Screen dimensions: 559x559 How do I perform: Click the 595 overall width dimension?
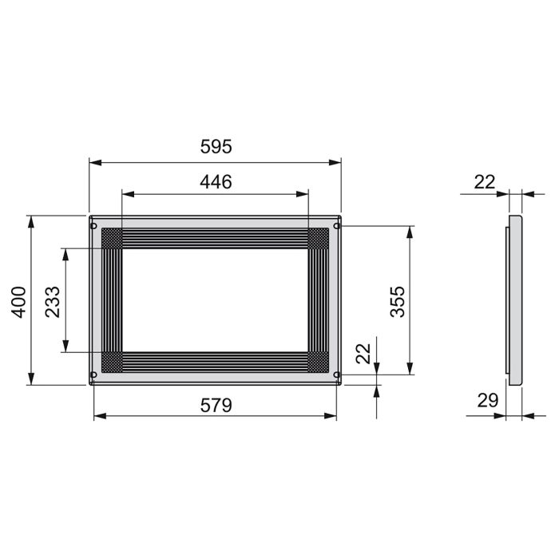click(x=216, y=147)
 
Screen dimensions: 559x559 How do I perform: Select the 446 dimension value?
click(x=216, y=181)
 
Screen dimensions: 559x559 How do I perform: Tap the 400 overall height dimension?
click(x=18, y=299)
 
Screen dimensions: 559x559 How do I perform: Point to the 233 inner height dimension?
click(x=53, y=299)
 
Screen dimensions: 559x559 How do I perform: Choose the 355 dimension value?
click(x=397, y=300)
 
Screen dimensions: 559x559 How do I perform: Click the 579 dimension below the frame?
click(x=216, y=405)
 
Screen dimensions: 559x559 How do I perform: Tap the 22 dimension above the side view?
click(x=485, y=182)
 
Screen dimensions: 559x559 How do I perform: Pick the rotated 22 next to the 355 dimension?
click(x=363, y=354)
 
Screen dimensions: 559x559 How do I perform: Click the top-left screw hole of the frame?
click(x=94, y=226)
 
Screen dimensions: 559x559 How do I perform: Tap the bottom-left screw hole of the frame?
click(x=94, y=374)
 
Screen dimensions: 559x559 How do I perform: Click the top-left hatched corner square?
click(x=112, y=238)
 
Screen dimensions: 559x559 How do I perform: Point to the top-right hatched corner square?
click(x=319, y=238)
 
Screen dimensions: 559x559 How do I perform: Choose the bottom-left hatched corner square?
click(x=112, y=362)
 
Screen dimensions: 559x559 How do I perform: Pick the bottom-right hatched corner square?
click(x=319, y=362)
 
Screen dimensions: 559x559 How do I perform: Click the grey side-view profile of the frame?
click(x=516, y=299)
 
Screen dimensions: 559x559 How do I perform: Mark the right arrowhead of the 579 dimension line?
click(x=331, y=415)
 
